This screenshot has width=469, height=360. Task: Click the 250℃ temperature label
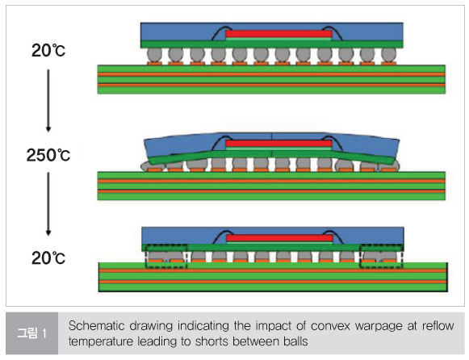click(x=48, y=155)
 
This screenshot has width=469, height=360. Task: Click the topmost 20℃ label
click(x=48, y=51)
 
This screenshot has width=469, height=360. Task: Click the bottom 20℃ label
click(x=48, y=258)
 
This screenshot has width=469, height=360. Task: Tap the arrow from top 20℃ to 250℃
click(x=48, y=101)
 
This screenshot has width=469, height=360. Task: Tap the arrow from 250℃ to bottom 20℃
click(x=48, y=204)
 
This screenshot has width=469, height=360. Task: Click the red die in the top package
click(x=278, y=34)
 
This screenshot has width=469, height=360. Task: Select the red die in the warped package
click(x=278, y=144)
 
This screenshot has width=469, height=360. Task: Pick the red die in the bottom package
click(x=279, y=238)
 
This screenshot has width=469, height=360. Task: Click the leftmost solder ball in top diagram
click(x=154, y=56)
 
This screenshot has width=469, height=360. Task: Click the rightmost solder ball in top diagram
click(x=388, y=56)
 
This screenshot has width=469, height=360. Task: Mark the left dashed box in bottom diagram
click(x=166, y=256)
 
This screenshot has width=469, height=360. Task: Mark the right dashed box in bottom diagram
click(x=382, y=256)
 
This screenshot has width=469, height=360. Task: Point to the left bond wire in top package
click(x=220, y=31)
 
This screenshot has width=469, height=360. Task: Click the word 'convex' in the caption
click(x=330, y=326)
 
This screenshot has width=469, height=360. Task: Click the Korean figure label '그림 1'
click(x=31, y=333)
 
